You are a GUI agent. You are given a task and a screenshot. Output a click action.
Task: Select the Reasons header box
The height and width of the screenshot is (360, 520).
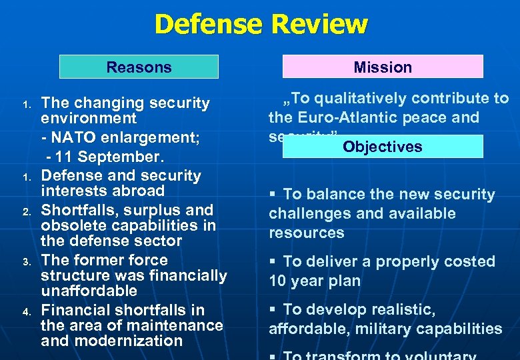click(139, 67)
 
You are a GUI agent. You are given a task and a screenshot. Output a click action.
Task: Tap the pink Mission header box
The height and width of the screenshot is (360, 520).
click(383, 67)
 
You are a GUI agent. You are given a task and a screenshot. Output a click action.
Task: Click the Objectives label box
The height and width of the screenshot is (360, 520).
click(383, 147)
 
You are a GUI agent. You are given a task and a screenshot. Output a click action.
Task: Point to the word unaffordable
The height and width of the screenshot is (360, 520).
click(89, 291)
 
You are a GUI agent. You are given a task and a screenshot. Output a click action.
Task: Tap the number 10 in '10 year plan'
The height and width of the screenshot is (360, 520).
click(277, 281)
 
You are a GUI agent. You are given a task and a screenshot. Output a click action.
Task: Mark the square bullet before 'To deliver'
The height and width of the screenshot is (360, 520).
click(274, 262)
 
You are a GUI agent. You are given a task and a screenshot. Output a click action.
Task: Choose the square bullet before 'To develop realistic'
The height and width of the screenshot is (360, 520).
click(274, 310)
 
